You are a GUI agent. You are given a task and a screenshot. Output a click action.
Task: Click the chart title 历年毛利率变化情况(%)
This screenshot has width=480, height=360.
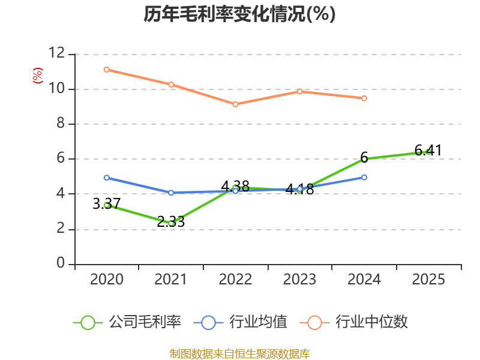(x=239, y=14)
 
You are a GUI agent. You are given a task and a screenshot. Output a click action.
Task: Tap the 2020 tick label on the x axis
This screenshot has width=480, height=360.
(x=106, y=280)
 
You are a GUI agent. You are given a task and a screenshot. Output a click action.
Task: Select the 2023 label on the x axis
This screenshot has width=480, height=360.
(x=299, y=280)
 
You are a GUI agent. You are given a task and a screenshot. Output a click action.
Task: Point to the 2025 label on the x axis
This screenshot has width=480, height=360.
(x=428, y=280)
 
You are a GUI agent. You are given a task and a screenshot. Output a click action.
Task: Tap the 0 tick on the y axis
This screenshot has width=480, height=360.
(x=61, y=263)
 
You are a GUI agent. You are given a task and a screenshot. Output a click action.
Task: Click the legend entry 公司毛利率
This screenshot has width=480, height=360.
(x=145, y=322)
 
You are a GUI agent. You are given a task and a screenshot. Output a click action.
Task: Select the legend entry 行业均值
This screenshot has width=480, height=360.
(x=258, y=322)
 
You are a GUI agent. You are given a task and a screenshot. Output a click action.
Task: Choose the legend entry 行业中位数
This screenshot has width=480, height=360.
(x=371, y=322)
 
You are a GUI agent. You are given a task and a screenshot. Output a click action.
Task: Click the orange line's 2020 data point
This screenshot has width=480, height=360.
(x=106, y=70)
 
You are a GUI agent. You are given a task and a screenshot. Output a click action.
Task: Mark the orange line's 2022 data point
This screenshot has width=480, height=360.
(x=235, y=104)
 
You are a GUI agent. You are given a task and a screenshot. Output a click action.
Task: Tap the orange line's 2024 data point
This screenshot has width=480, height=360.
(x=364, y=98)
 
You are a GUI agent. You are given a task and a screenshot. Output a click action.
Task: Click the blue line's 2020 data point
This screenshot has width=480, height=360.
(x=106, y=178)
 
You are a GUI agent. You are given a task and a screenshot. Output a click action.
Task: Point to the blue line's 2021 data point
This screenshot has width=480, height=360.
(x=171, y=193)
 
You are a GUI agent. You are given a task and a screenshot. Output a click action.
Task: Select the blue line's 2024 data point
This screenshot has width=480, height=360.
(x=364, y=177)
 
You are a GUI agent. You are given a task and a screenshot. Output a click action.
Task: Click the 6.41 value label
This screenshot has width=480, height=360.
(x=428, y=150)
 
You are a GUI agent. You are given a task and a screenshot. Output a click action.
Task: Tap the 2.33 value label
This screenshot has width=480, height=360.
(x=171, y=221)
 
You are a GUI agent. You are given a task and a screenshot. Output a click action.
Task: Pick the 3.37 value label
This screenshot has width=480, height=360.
(x=106, y=204)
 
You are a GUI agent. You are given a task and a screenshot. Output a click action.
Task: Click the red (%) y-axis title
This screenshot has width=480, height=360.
(x=38, y=76)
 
